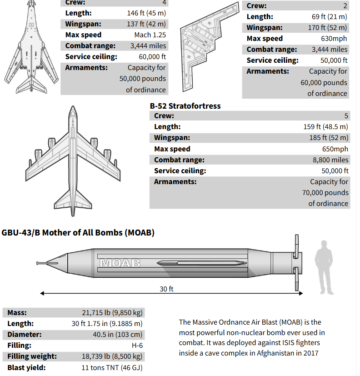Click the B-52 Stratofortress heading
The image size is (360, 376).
(185, 106)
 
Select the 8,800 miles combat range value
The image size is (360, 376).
(330, 160)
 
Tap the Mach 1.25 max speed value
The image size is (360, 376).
(150, 35)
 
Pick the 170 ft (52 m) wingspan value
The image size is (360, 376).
(327, 28)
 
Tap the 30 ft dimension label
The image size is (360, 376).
(166, 289)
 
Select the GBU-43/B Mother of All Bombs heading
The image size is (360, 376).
(78, 233)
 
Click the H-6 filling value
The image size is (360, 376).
(137, 346)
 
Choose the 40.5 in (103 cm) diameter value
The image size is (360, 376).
(118, 335)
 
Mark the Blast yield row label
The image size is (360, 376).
(26, 368)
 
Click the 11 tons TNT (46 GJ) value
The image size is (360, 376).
(112, 368)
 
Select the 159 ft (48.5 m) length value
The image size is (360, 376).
(326, 127)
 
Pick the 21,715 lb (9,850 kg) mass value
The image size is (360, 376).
(112, 313)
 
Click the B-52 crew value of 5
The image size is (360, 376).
(346, 116)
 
